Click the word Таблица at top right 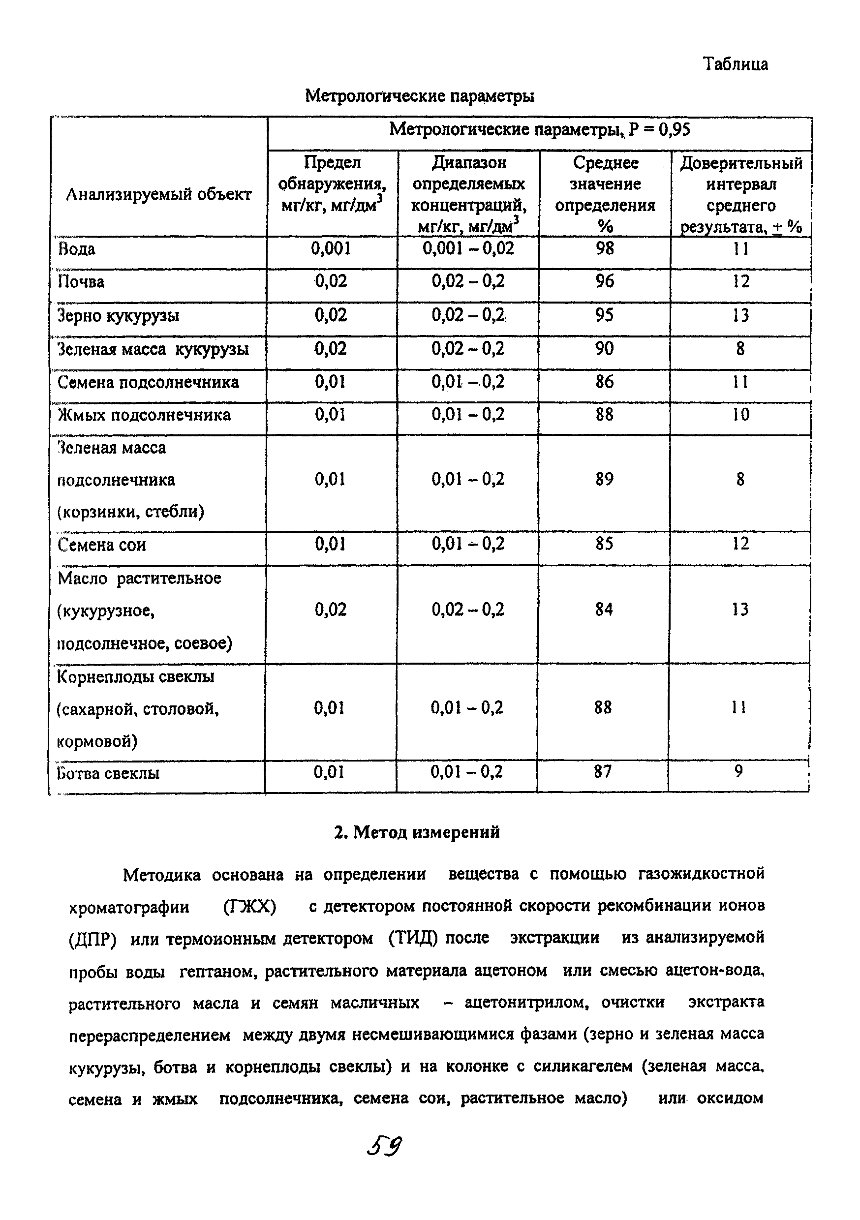[735, 64]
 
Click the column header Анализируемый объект [158, 195]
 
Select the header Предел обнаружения [332, 173]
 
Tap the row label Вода [77, 249]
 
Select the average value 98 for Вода [605, 248]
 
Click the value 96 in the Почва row [605, 281]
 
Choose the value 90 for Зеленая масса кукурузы [604, 349]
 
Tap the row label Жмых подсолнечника [144, 415]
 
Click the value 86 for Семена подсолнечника [604, 382]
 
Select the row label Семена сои [101, 545]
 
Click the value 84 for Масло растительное [604, 609]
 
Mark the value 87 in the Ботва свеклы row [603, 771]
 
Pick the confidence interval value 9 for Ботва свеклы [738, 771]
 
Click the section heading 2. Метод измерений [417, 831]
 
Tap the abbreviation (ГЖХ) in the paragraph [250, 907]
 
